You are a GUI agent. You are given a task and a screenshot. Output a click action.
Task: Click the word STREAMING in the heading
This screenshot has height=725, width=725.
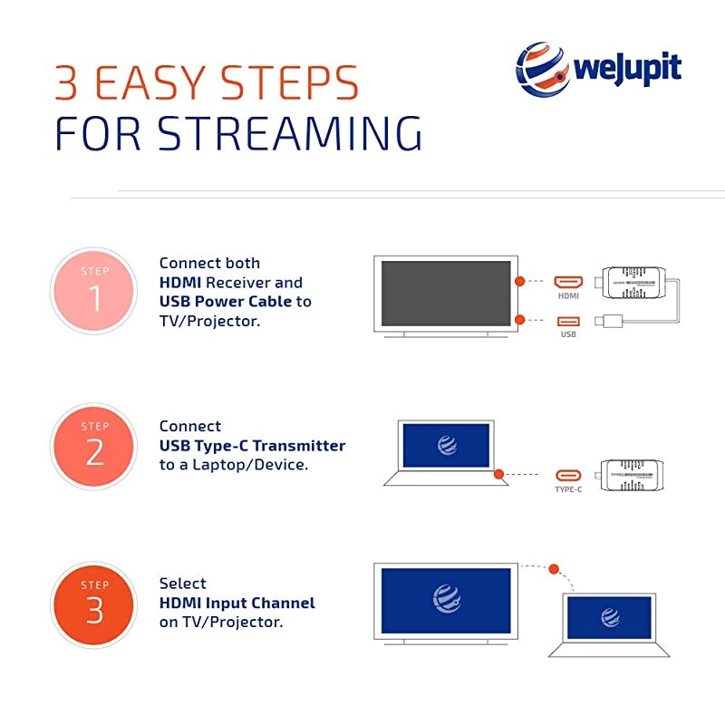(290, 132)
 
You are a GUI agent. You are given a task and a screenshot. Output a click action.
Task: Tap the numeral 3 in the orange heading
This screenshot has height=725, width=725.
(70, 82)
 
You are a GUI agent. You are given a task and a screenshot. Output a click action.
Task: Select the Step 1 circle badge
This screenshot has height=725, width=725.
(94, 291)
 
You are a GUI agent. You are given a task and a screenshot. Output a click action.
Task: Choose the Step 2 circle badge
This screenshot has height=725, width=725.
(94, 446)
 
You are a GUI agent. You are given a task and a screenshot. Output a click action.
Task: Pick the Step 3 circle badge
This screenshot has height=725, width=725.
(94, 604)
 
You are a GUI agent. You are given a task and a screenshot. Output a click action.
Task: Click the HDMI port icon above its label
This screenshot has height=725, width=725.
(568, 281)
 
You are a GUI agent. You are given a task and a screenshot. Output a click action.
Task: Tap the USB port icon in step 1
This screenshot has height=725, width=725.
(568, 320)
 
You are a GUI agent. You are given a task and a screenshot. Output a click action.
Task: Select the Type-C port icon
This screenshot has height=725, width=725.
(568, 474)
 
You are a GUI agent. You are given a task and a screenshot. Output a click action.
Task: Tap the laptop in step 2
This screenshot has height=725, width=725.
(445, 450)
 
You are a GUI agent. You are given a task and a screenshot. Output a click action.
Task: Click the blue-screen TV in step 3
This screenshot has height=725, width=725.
(445, 600)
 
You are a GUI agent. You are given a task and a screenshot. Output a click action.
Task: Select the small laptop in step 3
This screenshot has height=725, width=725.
(609, 623)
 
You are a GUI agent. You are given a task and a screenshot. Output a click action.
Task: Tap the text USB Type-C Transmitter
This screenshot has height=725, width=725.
(252, 445)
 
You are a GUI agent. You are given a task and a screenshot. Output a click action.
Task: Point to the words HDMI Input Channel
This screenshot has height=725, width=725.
(237, 603)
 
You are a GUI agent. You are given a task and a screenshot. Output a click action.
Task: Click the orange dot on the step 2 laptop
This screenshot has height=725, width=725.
(498, 473)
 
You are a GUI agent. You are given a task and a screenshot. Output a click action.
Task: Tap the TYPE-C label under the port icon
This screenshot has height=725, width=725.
(568, 489)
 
